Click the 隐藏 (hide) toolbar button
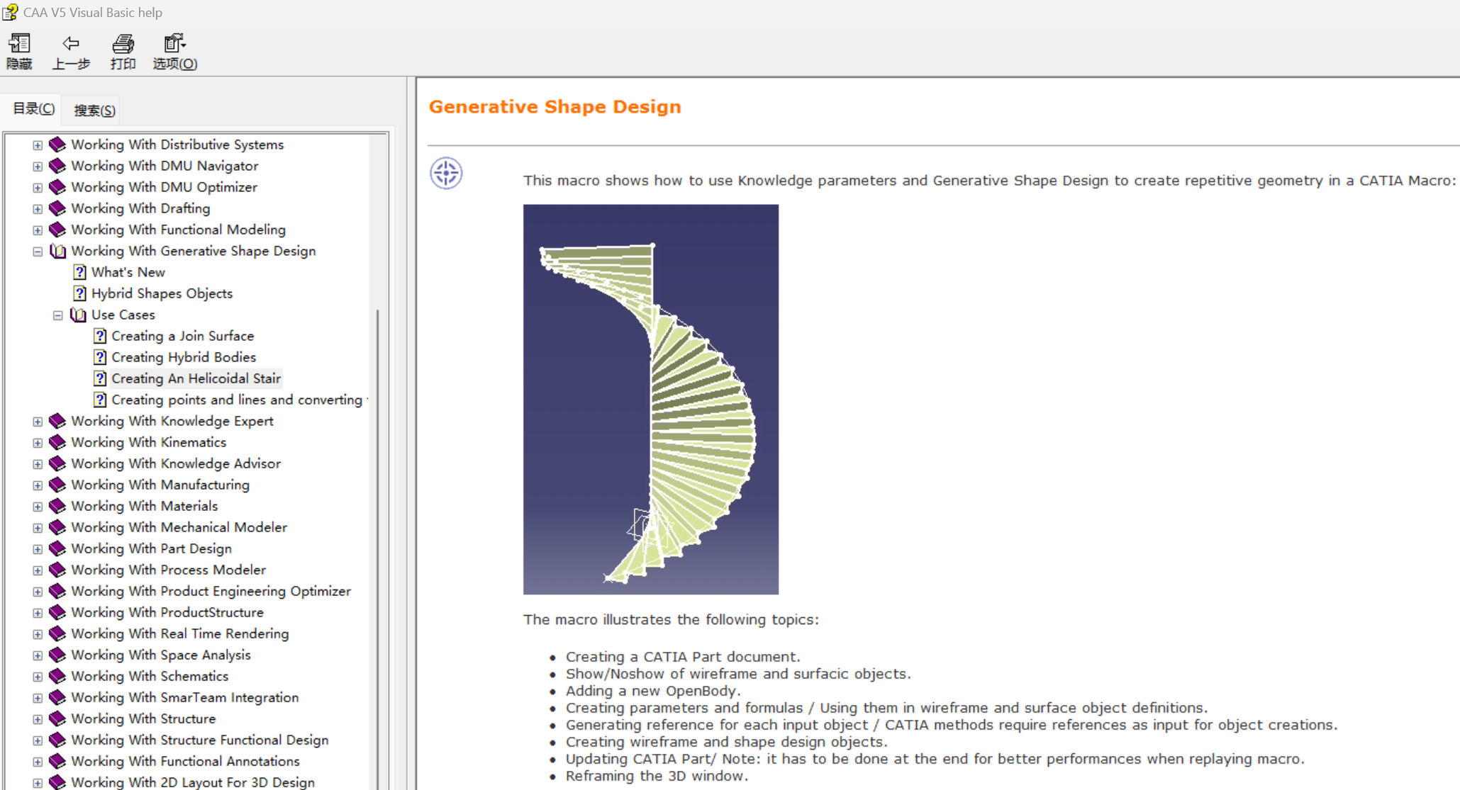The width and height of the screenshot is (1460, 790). pyautogui.click(x=19, y=52)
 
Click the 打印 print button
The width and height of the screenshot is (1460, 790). pyautogui.click(x=123, y=52)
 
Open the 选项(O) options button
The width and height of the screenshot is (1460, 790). pyautogui.click(x=174, y=52)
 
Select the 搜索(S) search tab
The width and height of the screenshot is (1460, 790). pyautogui.click(x=94, y=110)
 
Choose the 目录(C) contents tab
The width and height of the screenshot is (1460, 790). pyautogui.click(x=33, y=108)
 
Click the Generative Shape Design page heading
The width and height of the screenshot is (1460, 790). pyautogui.click(x=555, y=106)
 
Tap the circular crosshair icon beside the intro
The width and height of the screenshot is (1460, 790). pyautogui.click(x=446, y=173)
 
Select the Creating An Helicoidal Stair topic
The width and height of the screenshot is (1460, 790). pyautogui.click(x=196, y=378)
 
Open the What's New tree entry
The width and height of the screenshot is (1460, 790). pyautogui.click(x=128, y=272)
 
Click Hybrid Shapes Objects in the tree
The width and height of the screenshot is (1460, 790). pyautogui.click(x=162, y=293)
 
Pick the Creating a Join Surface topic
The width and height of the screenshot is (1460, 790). pyautogui.click(x=183, y=336)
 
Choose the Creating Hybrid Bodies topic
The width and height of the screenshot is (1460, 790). pyautogui.click(x=184, y=357)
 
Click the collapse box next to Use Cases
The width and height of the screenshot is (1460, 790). pyautogui.click(x=58, y=315)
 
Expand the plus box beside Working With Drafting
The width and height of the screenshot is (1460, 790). pyautogui.click(x=38, y=209)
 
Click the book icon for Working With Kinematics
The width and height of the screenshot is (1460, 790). pyautogui.click(x=57, y=442)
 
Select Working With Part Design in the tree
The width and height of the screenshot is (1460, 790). pyautogui.click(x=152, y=548)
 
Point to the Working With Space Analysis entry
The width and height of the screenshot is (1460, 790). pyautogui.click(x=161, y=655)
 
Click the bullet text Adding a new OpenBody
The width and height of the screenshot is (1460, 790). pyautogui.click(x=653, y=691)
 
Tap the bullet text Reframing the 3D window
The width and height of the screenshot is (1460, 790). pyautogui.click(x=657, y=776)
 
